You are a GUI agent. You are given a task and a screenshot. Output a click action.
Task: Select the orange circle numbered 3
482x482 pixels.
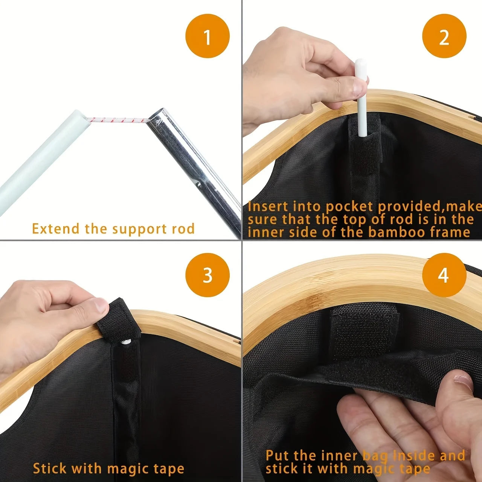click(207, 275)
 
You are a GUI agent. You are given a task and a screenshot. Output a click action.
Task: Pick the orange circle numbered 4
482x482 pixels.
click(444, 275)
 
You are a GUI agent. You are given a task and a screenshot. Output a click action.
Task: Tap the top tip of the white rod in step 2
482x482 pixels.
click(360, 63)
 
